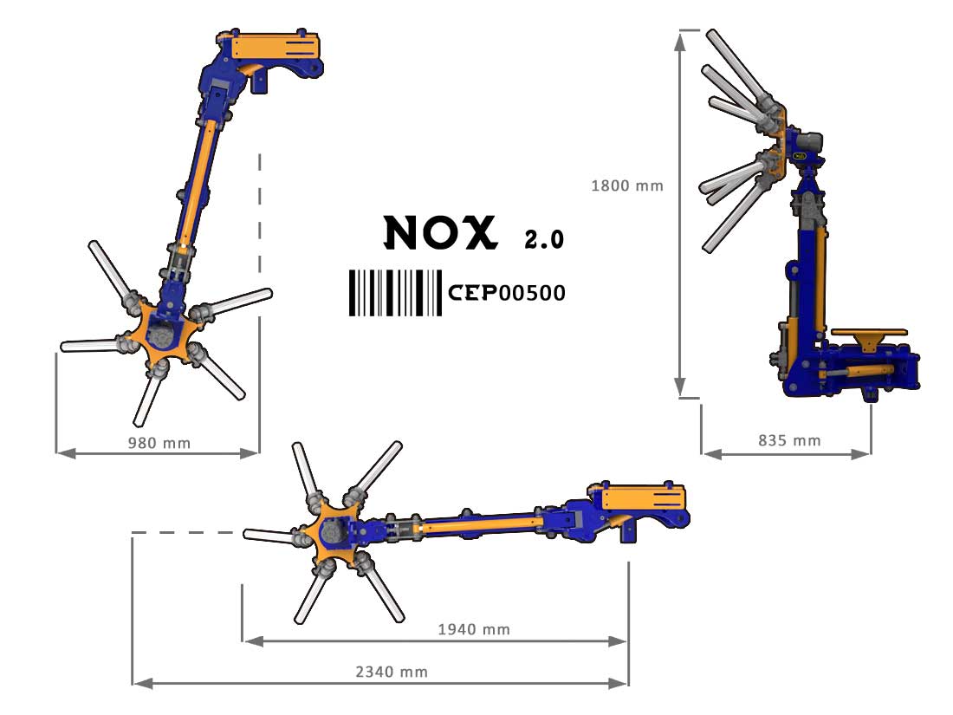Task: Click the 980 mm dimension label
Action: click(x=159, y=443)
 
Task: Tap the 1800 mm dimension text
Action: click(x=627, y=185)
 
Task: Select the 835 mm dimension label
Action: click(x=789, y=440)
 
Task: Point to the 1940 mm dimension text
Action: click(x=474, y=629)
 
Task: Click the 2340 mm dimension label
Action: click(x=392, y=672)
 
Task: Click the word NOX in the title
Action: click(x=441, y=232)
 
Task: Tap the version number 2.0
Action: click(x=545, y=239)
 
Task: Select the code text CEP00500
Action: click(x=507, y=293)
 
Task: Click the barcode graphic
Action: click(x=395, y=293)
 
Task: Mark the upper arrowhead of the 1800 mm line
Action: click(x=681, y=40)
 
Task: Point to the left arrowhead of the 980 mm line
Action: click(x=66, y=453)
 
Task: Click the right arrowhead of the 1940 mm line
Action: click(x=618, y=641)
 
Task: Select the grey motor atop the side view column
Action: click(x=807, y=144)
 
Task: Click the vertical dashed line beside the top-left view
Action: click(x=260, y=214)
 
